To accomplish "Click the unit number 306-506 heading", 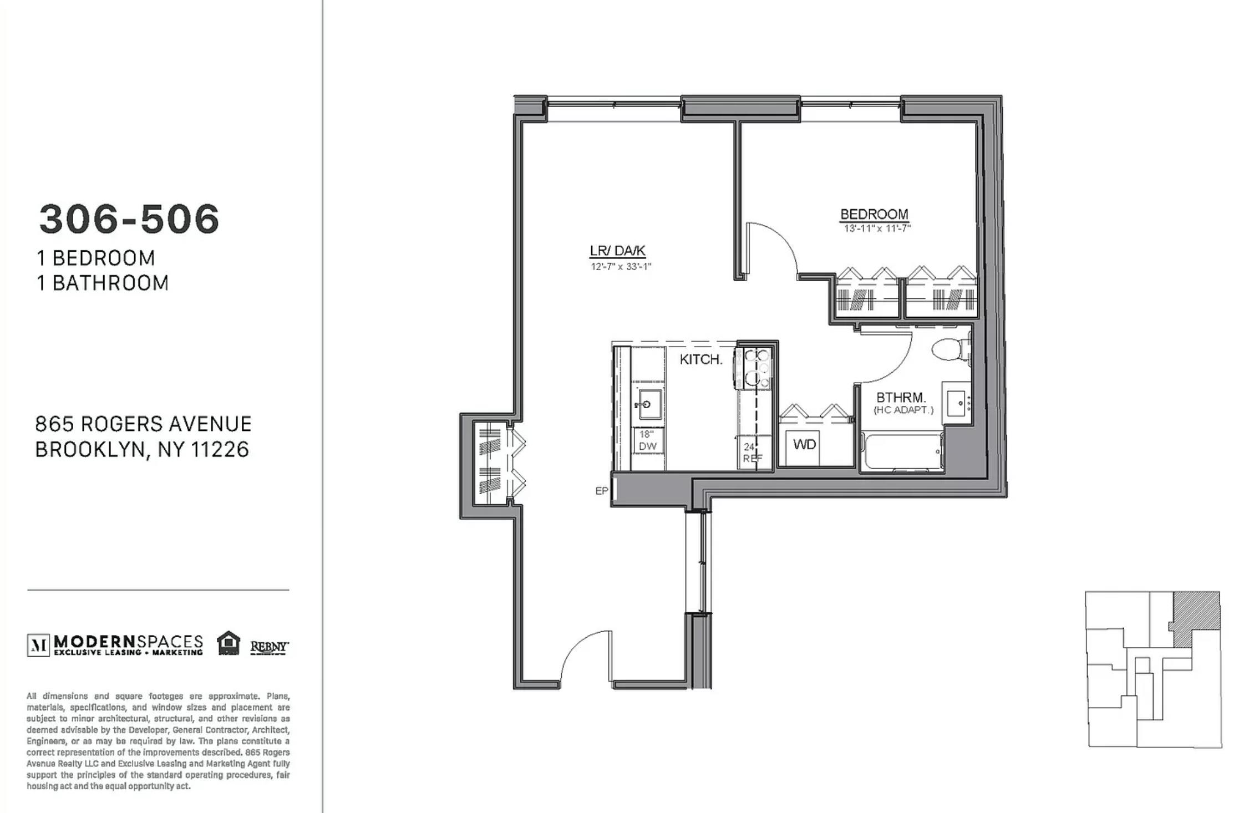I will click(129, 219).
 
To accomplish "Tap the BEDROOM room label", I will click(874, 214).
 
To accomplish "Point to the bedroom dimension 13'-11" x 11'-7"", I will click(877, 228).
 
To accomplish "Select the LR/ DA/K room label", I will click(617, 251).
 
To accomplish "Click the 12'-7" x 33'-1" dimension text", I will click(621, 267).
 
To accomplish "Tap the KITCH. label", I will click(701, 359).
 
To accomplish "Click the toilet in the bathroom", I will click(951, 349).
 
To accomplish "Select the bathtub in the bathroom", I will click(902, 452).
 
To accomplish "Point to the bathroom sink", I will click(957, 403).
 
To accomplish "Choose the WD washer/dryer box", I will click(804, 444).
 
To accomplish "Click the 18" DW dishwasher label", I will click(647, 440).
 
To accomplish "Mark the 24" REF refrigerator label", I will click(753, 453).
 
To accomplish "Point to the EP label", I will click(601, 491).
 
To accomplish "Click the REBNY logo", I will click(270, 647).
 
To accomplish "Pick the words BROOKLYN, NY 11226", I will click(142, 450).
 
